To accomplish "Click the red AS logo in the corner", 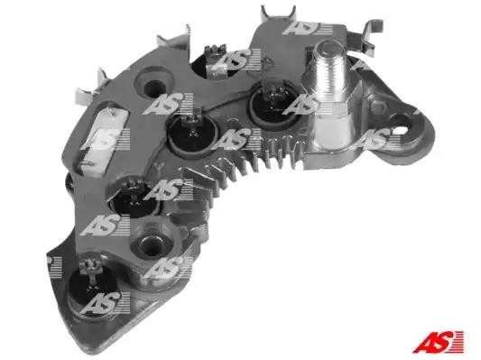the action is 438,341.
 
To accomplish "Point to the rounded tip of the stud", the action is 328,48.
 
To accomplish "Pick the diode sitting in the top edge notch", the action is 216,63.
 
